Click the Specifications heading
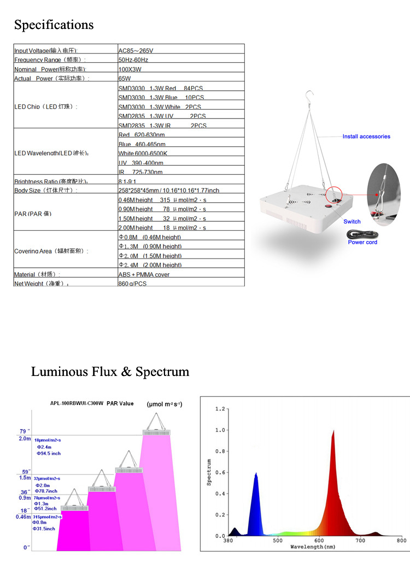click(x=54, y=25)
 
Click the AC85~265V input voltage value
click(x=137, y=50)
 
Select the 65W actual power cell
click(x=125, y=79)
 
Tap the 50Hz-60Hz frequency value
click(x=133, y=60)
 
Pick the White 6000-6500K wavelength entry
click(x=143, y=154)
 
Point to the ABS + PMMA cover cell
click(x=144, y=274)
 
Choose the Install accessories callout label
click(x=366, y=137)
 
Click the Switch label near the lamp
click(x=352, y=221)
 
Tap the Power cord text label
click(x=362, y=242)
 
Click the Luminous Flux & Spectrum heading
click(x=110, y=372)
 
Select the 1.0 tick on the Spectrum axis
click(x=219, y=430)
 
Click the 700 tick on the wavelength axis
click(x=360, y=540)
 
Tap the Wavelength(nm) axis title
click(x=313, y=547)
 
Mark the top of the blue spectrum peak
click(x=256, y=473)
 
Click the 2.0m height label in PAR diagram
click(x=25, y=438)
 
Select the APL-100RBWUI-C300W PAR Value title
click(x=92, y=403)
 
